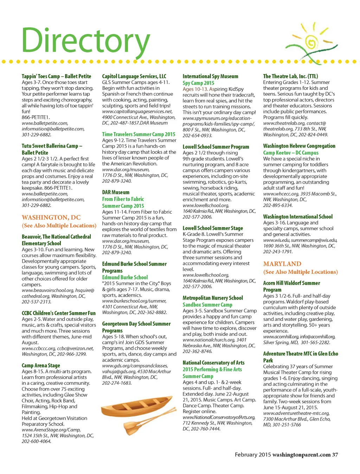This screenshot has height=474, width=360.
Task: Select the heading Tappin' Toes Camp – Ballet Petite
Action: tap(56, 76)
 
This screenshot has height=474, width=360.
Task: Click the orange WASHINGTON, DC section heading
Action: tap(51, 217)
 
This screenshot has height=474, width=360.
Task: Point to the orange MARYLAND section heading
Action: tap(282, 264)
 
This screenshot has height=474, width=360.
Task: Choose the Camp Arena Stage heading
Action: tap(41, 365)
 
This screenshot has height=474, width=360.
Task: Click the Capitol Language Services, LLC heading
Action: tap(134, 76)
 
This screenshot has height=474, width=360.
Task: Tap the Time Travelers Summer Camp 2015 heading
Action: tap(139, 134)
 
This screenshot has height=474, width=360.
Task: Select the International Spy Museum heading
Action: tap(210, 76)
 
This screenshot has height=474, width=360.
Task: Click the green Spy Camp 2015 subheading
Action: tap(198, 83)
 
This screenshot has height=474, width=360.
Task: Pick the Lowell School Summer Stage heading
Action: tap(213, 228)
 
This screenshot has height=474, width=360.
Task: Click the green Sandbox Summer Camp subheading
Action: tap(207, 305)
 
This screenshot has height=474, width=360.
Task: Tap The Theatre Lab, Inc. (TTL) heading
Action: tap(290, 76)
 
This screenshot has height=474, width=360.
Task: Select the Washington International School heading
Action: tap(298, 217)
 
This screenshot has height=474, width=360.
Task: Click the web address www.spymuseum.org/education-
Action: tap(217, 118)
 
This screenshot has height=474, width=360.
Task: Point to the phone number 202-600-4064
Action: tap(36, 441)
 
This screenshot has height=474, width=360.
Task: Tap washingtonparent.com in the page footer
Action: tap(301, 455)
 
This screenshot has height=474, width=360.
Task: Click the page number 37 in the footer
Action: tap(335, 455)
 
